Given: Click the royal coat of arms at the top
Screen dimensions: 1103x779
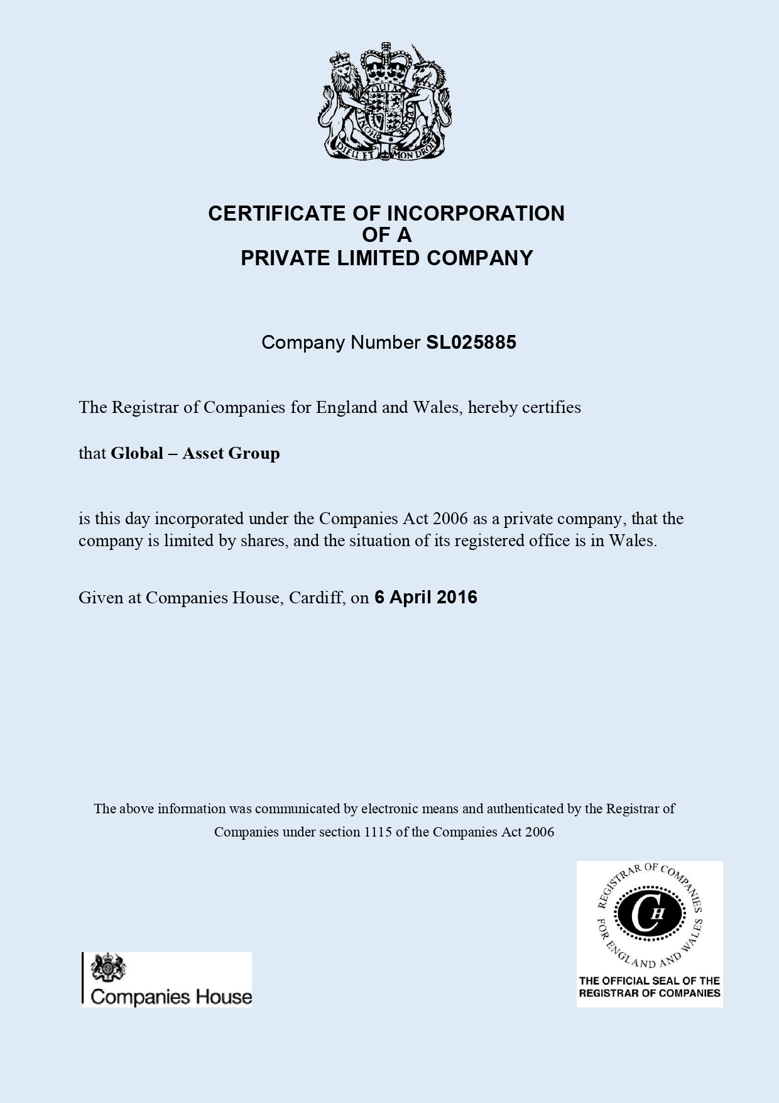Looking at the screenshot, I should point(384,102).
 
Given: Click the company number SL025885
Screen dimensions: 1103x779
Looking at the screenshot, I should point(471,343).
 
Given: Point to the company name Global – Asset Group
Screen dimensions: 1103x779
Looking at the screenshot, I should point(195,453).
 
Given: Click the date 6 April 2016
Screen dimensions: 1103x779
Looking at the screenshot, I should point(425,597).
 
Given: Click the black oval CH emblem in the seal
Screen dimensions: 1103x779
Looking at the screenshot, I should point(649,914).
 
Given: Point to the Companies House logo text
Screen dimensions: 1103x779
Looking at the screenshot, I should point(171,997).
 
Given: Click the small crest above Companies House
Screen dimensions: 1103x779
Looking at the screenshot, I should point(108,968).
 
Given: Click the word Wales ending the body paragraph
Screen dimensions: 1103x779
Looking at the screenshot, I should point(631,541).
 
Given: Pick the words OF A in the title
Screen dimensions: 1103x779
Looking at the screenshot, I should point(386,235).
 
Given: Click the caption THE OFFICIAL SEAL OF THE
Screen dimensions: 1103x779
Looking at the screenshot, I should point(649,980).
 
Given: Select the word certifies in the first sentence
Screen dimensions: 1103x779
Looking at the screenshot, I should point(552,407).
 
